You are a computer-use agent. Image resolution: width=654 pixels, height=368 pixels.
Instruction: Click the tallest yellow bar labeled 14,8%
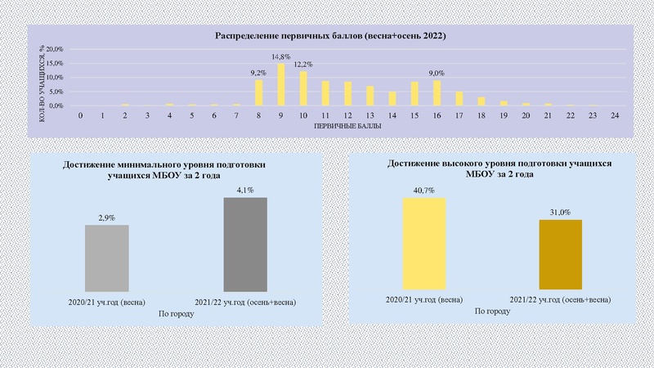281,85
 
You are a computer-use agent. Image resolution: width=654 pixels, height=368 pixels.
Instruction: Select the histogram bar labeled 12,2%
303,89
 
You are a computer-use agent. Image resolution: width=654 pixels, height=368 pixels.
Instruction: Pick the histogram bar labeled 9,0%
437,93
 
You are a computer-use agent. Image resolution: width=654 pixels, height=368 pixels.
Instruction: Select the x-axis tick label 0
80,116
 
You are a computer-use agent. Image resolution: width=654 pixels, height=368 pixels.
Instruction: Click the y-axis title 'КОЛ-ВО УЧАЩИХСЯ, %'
41,79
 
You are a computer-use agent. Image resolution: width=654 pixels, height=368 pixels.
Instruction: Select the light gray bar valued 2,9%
107,257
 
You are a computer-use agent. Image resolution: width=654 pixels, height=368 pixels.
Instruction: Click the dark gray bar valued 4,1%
246,243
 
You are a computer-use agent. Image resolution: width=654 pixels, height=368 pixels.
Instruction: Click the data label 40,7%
423,191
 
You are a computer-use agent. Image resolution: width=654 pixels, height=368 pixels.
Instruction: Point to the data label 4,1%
246,191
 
